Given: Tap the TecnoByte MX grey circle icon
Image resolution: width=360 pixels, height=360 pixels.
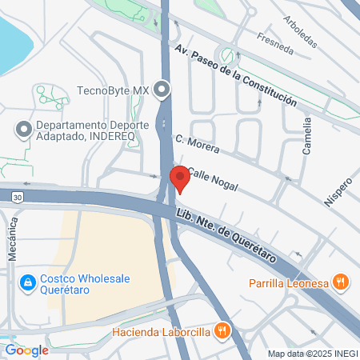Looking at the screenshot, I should [x=163, y=90].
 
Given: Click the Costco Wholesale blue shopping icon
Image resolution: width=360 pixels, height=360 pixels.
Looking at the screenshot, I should [x=28, y=282].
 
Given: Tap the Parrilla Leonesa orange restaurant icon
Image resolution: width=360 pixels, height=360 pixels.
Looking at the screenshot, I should [x=341, y=281].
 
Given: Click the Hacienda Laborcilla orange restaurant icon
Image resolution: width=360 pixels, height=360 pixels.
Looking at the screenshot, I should [x=224, y=330].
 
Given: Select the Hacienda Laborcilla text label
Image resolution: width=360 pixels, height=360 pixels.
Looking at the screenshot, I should [x=162, y=330].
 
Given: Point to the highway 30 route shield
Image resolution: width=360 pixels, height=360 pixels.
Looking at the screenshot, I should [x=17, y=195].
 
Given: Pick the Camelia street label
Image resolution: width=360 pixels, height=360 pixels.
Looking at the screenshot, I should [x=307, y=135].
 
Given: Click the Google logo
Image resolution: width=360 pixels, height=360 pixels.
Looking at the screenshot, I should [x=26, y=350].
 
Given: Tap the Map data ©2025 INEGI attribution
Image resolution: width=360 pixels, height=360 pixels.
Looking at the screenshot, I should [x=311, y=354].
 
